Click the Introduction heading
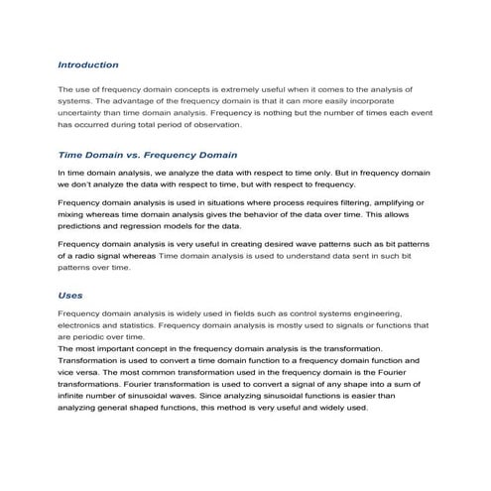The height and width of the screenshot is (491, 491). coord(88,64)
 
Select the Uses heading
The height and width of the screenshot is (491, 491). coord(70,295)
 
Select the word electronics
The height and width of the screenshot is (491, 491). coord(83,325)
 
